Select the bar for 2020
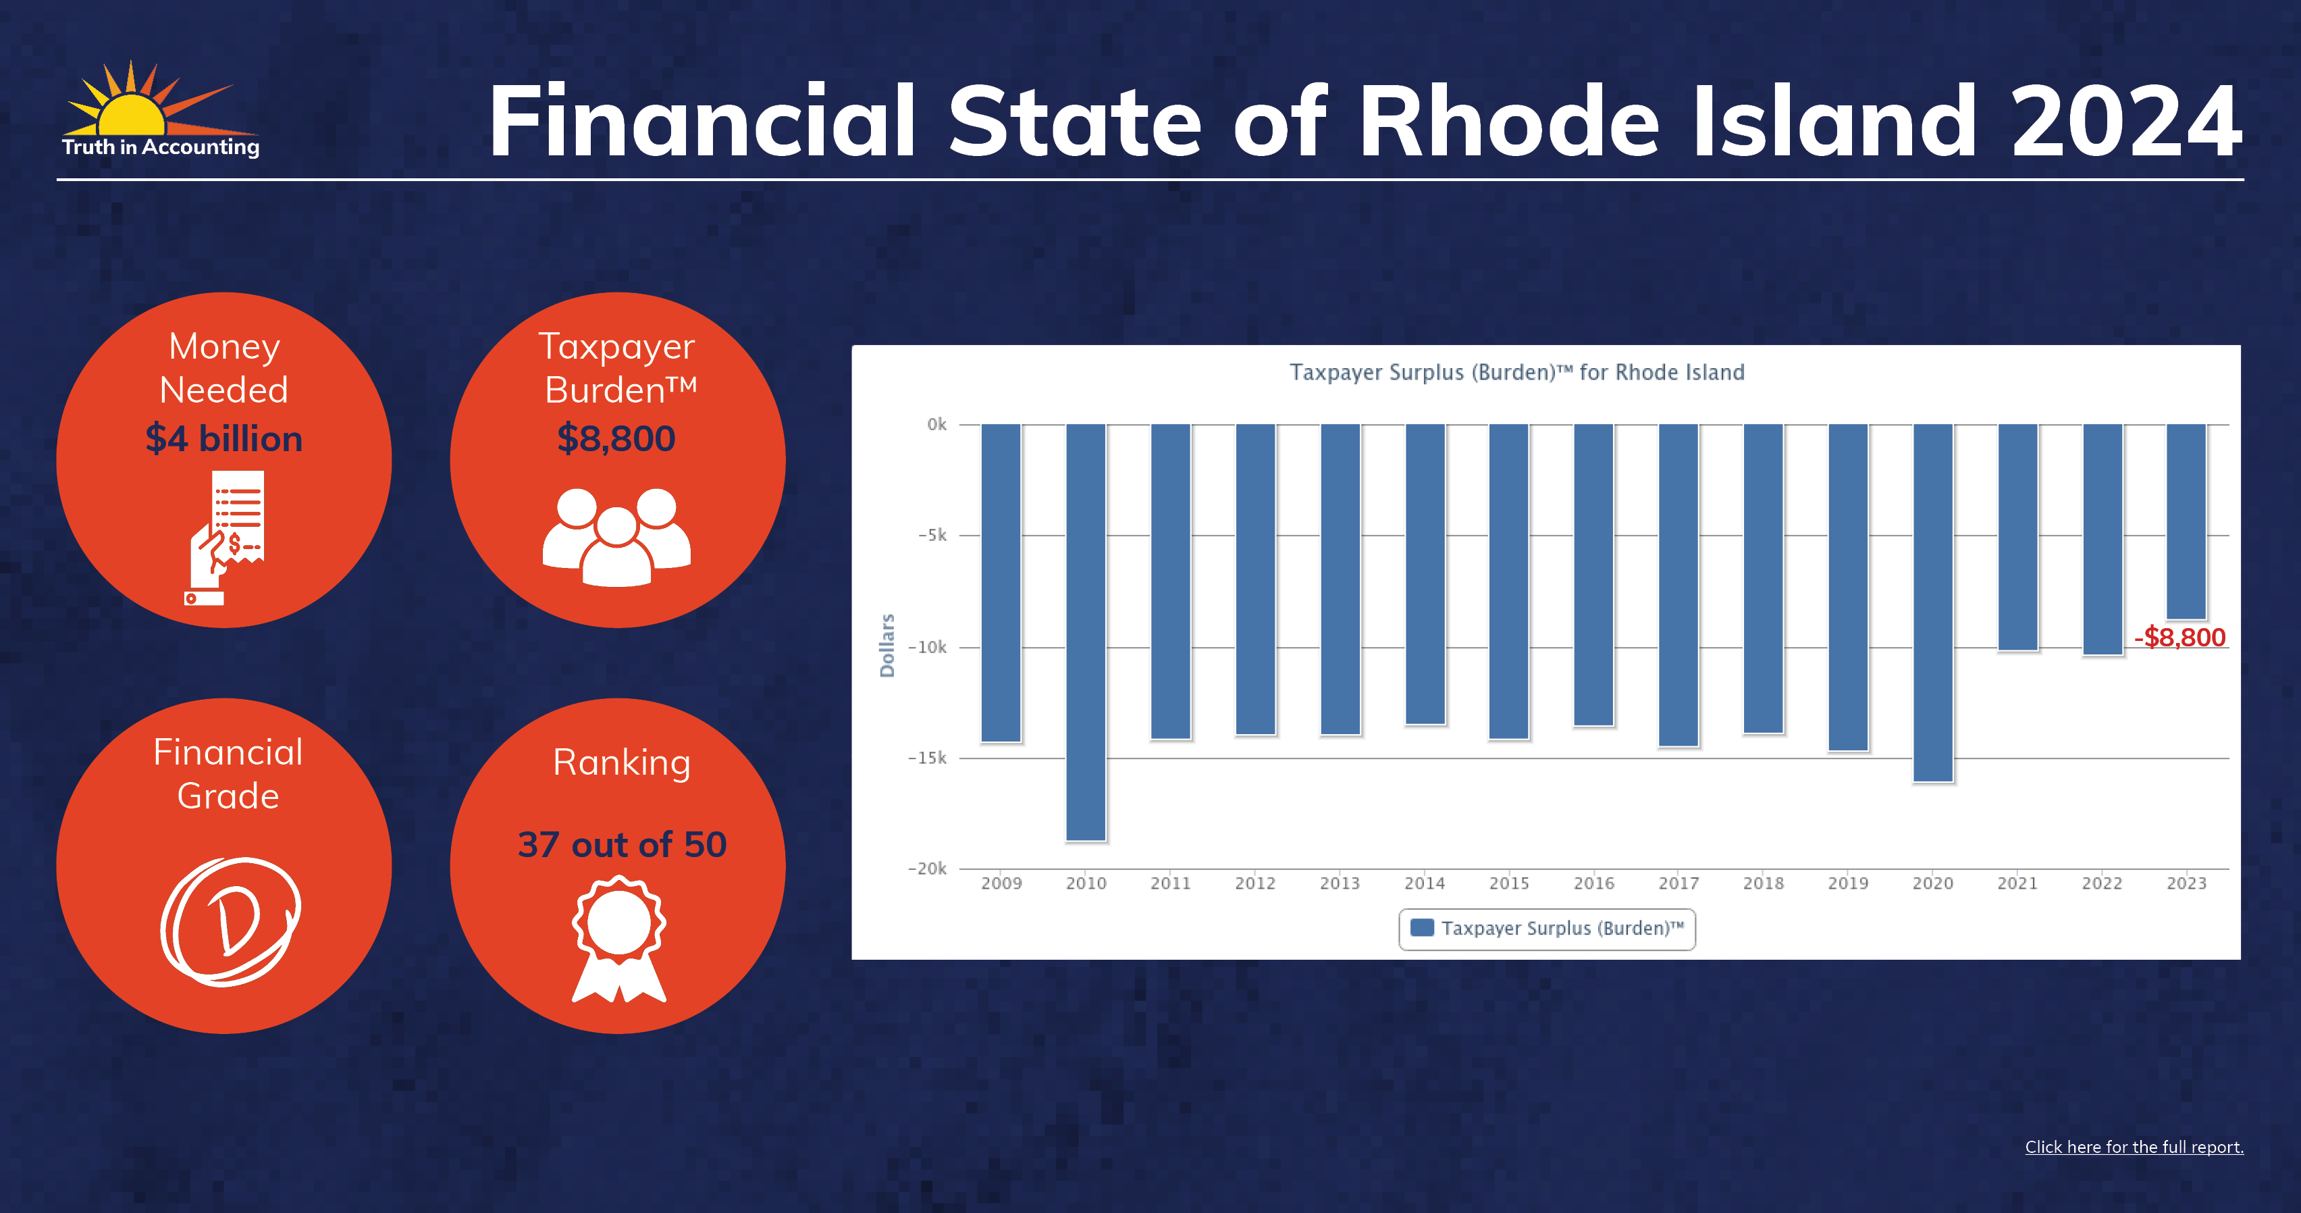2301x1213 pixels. point(1932,603)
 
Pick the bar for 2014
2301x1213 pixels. point(1425,573)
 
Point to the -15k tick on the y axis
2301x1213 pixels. point(927,758)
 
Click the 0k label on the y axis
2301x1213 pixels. point(936,424)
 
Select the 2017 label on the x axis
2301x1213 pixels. point(1678,883)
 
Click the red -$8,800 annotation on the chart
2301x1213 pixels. point(2179,638)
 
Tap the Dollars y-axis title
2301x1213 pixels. point(887,645)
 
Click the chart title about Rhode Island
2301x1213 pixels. point(1516,372)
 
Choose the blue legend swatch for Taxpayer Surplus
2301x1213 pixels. point(1422,927)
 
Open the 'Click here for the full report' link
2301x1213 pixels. point(2134,1147)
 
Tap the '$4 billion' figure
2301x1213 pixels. point(224,438)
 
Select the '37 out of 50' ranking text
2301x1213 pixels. point(622,844)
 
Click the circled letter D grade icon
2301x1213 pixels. point(230,922)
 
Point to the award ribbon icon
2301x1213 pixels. point(619,939)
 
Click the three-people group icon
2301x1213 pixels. point(616,537)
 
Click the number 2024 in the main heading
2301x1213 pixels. point(2127,122)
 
